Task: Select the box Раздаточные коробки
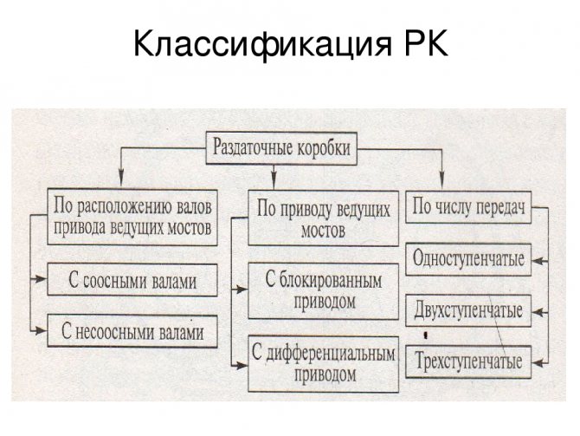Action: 281,147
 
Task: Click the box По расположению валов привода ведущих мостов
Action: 132,217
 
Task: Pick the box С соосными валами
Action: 132,281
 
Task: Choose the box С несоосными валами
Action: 132,331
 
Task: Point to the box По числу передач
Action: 467,207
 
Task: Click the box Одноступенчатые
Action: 468,260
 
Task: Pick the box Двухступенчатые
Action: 468,310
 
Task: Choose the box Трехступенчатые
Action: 468,361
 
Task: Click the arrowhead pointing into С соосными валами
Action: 41,280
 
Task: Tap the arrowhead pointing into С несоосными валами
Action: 41,330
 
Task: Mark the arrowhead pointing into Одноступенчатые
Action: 539,259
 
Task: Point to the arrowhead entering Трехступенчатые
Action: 539,360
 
